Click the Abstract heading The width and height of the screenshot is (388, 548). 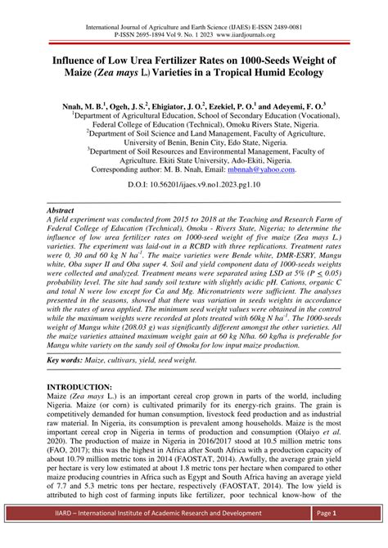coord(63,210)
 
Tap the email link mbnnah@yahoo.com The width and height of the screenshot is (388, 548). coord(270,169)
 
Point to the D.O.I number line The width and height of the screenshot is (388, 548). coord(194,186)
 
